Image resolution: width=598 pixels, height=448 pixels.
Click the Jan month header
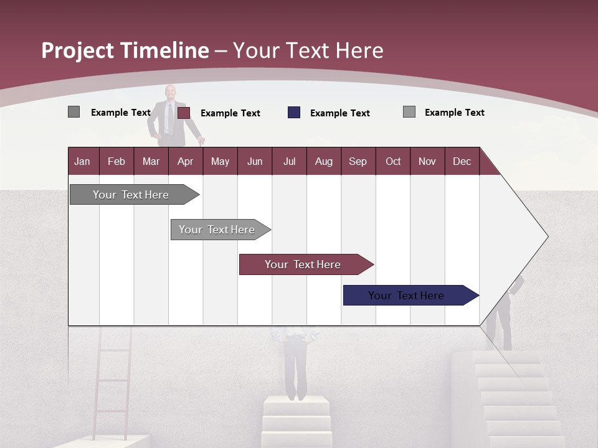[x=83, y=161]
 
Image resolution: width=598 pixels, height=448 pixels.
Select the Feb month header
[x=116, y=161]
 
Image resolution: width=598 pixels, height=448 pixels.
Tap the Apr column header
[x=186, y=161]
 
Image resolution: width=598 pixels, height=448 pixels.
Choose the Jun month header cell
[x=255, y=161]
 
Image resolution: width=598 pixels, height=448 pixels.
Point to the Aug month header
[x=324, y=161]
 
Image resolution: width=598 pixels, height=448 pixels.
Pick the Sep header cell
[x=358, y=161]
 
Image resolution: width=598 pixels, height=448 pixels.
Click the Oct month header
[x=393, y=161]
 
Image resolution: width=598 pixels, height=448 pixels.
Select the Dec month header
[x=462, y=161]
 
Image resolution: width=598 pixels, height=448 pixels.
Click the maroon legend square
[x=184, y=113]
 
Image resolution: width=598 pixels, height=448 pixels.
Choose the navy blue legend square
[x=294, y=113]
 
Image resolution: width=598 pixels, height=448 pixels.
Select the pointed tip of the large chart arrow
[x=546, y=236]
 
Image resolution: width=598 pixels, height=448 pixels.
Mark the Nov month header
[x=427, y=161]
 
